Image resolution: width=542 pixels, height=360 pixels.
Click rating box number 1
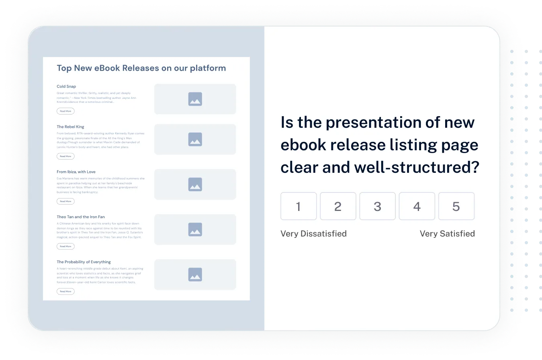click(x=299, y=206)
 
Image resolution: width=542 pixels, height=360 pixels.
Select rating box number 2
click(x=338, y=206)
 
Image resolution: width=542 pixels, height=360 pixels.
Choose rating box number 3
click(x=377, y=206)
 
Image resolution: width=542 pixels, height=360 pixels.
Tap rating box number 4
click(x=417, y=206)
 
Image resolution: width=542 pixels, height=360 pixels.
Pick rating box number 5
click(x=456, y=206)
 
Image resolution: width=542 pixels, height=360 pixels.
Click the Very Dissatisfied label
click(x=313, y=233)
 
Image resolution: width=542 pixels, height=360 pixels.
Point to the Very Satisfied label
click(x=447, y=233)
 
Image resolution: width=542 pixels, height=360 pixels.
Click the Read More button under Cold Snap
click(x=65, y=111)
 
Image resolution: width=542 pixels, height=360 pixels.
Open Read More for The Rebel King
click(x=65, y=156)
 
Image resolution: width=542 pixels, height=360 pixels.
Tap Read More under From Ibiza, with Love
click(x=65, y=201)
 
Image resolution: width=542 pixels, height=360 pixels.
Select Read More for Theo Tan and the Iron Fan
click(x=65, y=246)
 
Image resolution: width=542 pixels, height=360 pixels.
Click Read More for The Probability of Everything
click(x=65, y=291)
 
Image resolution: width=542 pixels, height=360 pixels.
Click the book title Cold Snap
click(x=66, y=86)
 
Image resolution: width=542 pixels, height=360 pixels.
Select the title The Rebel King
click(x=70, y=127)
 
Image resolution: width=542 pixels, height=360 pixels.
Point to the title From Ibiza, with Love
click(x=76, y=172)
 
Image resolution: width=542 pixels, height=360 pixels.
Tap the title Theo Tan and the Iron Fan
click(x=81, y=217)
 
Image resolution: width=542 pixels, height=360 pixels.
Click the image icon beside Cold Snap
click(x=195, y=99)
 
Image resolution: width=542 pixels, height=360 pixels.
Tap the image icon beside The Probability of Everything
click(x=195, y=274)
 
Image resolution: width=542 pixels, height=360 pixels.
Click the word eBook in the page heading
click(x=107, y=68)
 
